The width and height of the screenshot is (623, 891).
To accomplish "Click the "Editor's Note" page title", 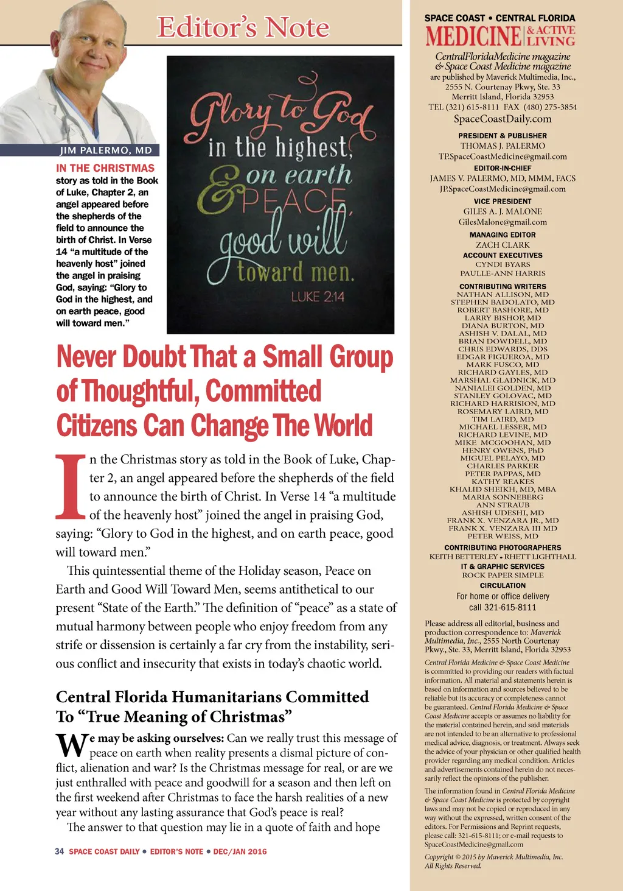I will tap(243, 27).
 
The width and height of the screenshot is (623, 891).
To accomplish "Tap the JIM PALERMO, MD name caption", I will tap(106, 150).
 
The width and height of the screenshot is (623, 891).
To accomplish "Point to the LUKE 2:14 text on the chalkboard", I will tap(318, 297).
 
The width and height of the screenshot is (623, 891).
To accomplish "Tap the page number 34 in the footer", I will tap(59, 851).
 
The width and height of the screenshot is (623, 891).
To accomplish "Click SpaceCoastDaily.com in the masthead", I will tap(503, 119).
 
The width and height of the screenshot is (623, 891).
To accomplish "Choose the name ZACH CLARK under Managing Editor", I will tap(503, 245).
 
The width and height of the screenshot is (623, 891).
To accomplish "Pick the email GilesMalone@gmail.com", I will tap(503, 222).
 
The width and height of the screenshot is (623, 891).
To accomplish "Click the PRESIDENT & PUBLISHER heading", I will tap(503, 136).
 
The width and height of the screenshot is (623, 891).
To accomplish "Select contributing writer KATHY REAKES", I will tap(503, 482).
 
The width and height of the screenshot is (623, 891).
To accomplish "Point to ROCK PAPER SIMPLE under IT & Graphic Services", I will tap(503, 575).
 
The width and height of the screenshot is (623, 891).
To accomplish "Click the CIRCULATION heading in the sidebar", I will tap(503, 585).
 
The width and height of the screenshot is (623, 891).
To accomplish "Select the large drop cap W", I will tap(72, 744).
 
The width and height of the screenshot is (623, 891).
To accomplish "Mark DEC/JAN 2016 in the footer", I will tap(240, 851).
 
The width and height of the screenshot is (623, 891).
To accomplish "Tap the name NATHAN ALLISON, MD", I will tap(503, 295).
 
